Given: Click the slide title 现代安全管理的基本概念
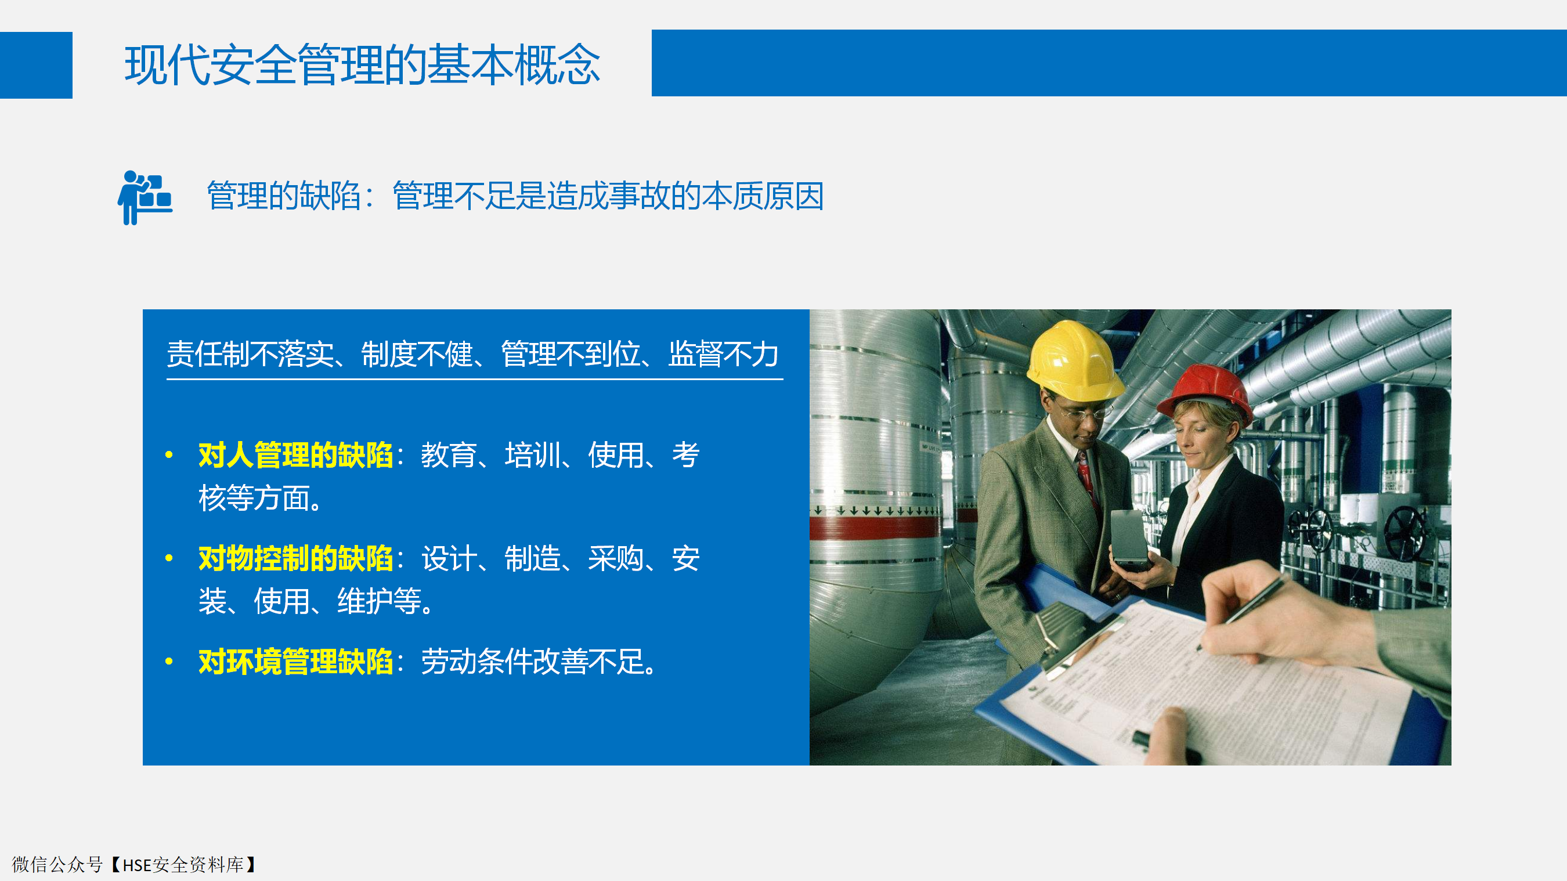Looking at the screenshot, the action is [363, 64].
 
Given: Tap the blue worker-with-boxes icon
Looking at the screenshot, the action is [145, 198].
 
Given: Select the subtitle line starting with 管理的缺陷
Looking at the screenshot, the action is [515, 196].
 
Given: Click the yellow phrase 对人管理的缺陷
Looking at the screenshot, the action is [295, 454].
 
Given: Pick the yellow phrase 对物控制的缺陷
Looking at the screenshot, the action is [295, 558].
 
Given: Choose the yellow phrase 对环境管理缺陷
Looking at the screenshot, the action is [295, 662].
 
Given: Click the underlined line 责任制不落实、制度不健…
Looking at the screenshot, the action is [473, 354].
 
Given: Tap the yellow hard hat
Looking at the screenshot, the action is [1074, 360].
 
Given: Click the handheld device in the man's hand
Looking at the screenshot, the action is [1129, 539].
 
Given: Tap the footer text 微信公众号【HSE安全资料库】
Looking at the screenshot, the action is [135, 865].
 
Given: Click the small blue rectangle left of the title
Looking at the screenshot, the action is [36, 65].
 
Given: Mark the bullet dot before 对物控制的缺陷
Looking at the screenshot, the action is [169, 558].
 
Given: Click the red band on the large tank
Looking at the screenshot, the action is [876, 528].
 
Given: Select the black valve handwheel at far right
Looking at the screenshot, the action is [1404, 532].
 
